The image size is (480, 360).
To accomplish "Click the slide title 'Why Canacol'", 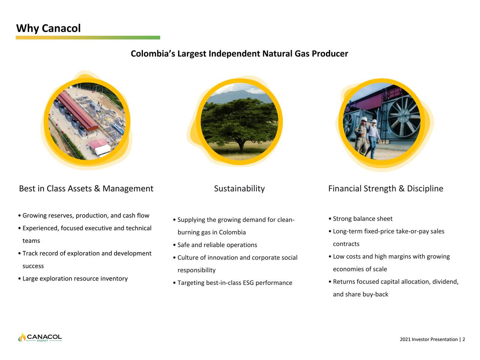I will (x=48, y=28).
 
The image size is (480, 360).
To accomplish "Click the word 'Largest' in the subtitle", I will (x=192, y=54).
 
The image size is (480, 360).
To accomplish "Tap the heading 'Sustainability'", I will (x=239, y=189).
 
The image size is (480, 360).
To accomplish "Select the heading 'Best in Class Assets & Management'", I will (x=86, y=189).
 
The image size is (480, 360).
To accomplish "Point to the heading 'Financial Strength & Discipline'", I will (x=385, y=189).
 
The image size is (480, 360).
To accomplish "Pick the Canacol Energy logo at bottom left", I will (x=40, y=337).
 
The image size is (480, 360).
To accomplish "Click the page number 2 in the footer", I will (x=463, y=339).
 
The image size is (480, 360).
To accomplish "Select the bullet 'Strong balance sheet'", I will (x=362, y=219).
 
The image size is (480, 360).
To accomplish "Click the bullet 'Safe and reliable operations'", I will (x=217, y=245).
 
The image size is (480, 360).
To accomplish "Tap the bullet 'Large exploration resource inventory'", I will (x=75, y=279).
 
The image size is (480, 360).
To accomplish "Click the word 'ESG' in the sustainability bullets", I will (x=248, y=283).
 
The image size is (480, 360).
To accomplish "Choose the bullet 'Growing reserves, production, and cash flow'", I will (x=85, y=216).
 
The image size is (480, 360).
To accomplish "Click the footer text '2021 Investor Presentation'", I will (x=429, y=339).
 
